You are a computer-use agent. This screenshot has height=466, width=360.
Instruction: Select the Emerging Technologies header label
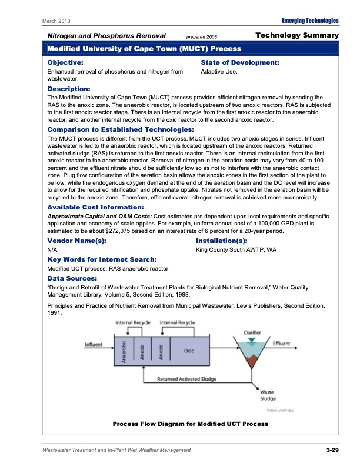click(311, 21)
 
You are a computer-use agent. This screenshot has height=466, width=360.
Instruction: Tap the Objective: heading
click(65, 62)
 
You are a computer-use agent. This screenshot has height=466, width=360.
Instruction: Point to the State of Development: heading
click(240, 62)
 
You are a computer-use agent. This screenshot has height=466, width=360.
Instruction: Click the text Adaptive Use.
click(219, 72)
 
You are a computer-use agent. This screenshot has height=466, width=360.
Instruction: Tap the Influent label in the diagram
click(95, 344)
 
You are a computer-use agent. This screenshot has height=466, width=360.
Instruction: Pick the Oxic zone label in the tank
click(189, 351)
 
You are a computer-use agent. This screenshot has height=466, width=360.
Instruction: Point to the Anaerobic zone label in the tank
click(125, 352)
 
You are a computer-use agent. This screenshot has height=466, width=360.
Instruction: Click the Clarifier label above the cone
click(252, 332)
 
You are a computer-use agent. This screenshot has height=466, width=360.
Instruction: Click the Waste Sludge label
click(268, 395)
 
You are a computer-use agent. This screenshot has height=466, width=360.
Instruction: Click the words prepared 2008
click(201, 36)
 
